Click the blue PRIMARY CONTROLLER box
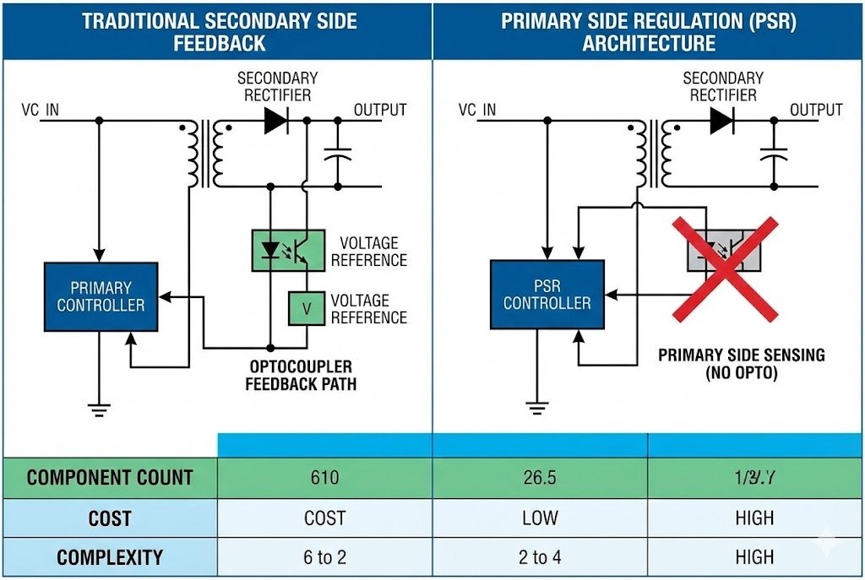pyautogui.click(x=101, y=296)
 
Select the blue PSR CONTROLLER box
pyautogui.click(x=547, y=294)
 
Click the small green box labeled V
pyautogui.click(x=307, y=309)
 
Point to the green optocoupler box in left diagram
pyautogui.click(x=288, y=251)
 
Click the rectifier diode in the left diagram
pyautogui.click(x=275, y=121)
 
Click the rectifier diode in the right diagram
pyautogui.click(x=721, y=121)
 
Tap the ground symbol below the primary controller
pyautogui.click(x=100, y=410)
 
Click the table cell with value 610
pyautogui.click(x=324, y=478)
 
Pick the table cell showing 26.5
pyautogui.click(x=540, y=478)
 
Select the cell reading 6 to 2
pyautogui.click(x=324, y=558)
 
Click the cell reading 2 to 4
pyautogui.click(x=540, y=558)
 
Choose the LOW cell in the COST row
pyautogui.click(x=540, y=518)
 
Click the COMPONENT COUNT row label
pyautogui.click(x=110, y=478)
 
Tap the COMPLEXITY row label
pyautogui.click(x=110, y=558)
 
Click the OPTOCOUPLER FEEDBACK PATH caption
pyautogui.click(x=301, y=376)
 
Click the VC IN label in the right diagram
pyautogui.click(x=477, y=111)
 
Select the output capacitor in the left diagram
pyautogui.click(x=337, y=155)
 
